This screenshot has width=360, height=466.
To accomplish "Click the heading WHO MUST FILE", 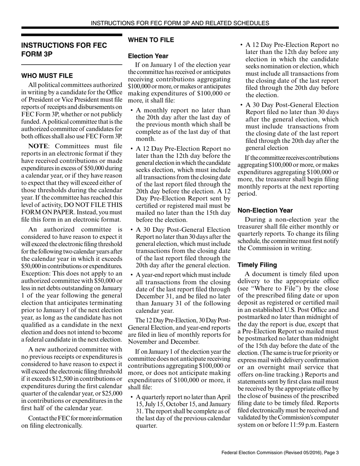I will point(47,76).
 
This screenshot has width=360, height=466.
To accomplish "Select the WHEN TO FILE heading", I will point(151,40).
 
